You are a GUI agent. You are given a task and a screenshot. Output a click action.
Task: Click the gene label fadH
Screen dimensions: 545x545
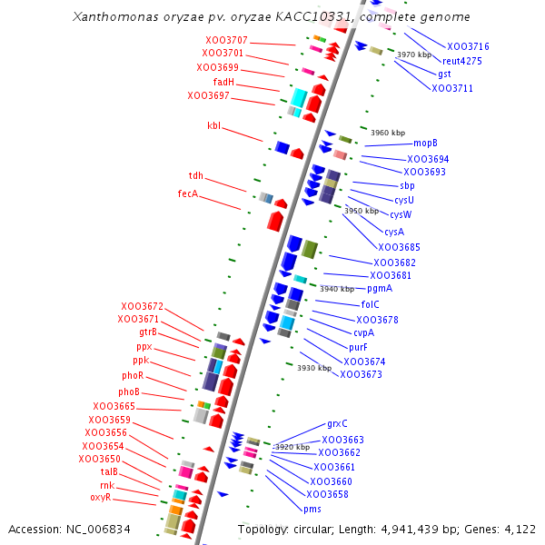224,82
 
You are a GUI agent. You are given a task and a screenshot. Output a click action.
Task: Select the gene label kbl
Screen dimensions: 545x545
213,125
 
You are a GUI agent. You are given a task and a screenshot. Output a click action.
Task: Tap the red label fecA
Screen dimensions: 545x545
188,193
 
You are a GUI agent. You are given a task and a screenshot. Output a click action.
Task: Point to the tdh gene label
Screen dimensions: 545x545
196,175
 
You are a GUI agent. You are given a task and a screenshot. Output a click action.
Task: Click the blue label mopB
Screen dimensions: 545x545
425,143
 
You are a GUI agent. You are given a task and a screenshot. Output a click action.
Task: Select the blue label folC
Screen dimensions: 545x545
370,304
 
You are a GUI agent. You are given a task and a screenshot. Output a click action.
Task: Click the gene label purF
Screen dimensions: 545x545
359,346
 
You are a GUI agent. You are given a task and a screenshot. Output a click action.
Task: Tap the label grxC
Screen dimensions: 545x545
337,424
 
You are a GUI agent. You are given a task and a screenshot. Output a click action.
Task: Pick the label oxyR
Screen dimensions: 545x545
100,497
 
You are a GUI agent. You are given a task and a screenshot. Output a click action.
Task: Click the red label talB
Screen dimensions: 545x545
109,471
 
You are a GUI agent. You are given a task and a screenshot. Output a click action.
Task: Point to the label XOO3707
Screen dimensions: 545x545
226,41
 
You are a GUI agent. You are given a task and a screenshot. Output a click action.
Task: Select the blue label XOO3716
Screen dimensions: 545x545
468,46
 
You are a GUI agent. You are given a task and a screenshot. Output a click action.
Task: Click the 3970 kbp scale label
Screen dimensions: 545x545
414,55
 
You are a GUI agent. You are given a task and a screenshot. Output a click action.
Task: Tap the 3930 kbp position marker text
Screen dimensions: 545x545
314,368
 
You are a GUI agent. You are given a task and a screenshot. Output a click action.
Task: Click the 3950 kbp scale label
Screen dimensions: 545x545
362,211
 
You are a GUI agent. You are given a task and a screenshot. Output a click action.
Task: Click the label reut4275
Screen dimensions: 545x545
462,61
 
